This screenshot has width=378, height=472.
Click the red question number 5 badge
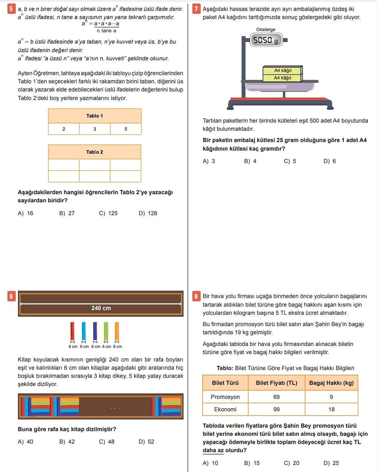tap(11, 9)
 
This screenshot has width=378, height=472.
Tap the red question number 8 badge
tap(196, 297)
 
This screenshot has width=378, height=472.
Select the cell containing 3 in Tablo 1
tap(95, 129)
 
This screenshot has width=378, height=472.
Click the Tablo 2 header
tap(95, 152)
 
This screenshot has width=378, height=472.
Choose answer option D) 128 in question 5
tap(148, 213)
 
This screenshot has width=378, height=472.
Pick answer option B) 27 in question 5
tap(67, 213)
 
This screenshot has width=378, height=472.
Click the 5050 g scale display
tap(266, 40)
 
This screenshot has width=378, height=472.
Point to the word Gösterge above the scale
tap(265, 30)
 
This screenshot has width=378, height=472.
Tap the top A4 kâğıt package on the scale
tap(283, 70)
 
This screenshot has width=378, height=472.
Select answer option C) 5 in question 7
tap(290, 161)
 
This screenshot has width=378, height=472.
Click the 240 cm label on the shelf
tap(101, 308)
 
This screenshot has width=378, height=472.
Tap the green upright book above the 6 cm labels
tap(106, 331)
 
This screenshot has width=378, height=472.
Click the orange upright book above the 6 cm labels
tap(117, 331)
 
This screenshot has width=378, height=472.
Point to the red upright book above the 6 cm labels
tap(72, 331)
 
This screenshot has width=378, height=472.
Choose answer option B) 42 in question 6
tap(67, 442)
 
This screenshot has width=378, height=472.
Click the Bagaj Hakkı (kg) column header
tap(331, 383)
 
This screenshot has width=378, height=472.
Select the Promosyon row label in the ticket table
tap(225, 397)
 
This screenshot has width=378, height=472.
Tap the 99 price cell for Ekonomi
tap(277, 409)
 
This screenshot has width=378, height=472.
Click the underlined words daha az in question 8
tap(213, 450)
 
